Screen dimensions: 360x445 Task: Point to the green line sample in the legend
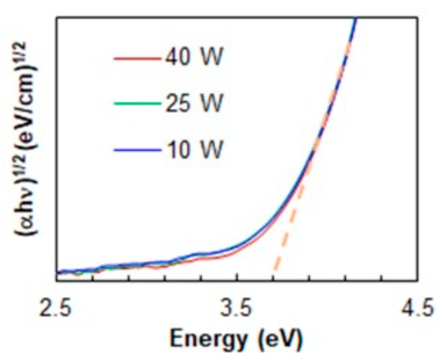click(x=137, y=104)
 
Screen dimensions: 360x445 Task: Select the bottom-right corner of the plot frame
click(x=417, y=281)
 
